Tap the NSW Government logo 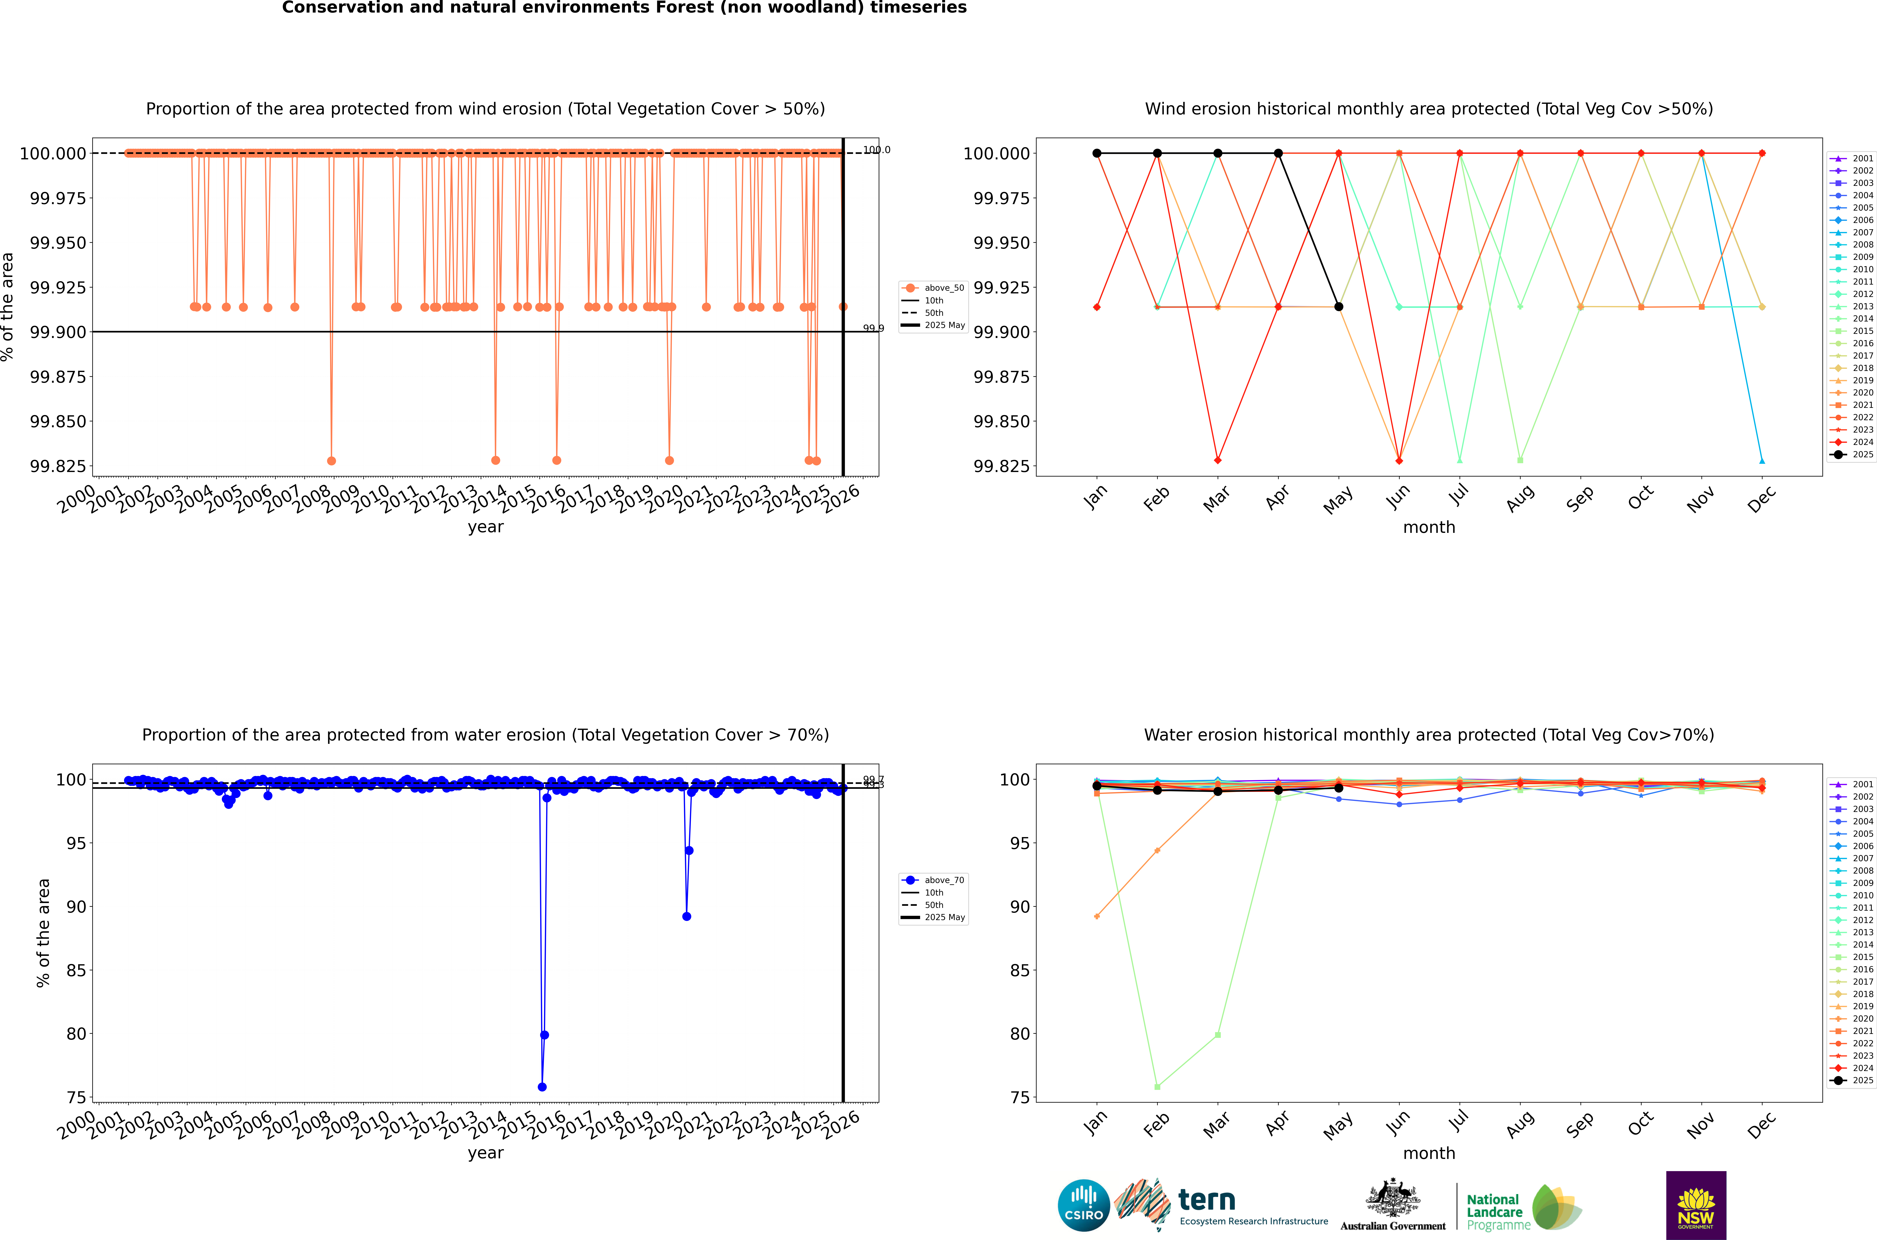(x=1696, y=1205)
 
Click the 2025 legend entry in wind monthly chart (x=1853, y=455)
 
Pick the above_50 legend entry (x=933, y=288)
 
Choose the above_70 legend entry (x=933, y=880)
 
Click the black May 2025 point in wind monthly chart (x=1338, y=307)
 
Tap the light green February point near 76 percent (x=1157, y=1087)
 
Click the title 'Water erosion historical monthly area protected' (x=1429, y=735)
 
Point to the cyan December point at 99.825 (x=1762, y=460)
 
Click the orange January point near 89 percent (x=1096, y=917)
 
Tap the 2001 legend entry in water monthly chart (x=1853, y=784)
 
